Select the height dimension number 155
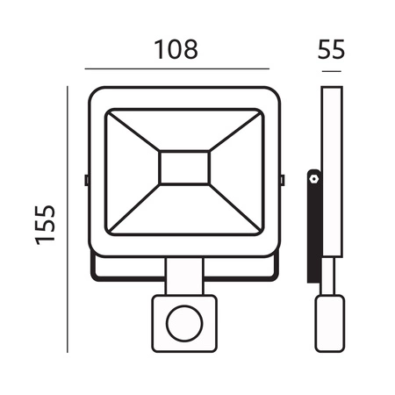47,224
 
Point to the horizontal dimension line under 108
176,68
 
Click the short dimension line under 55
330,68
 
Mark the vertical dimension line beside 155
68,219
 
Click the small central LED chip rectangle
183,167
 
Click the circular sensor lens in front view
183,321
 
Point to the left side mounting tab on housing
86,179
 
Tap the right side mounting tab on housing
282,179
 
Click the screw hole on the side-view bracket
312,178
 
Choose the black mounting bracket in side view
312,228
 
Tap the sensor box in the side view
330,320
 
